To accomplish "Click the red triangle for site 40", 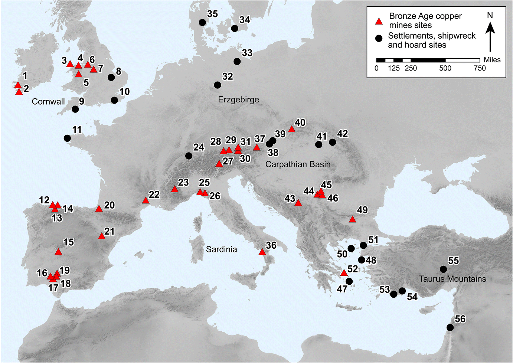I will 291,129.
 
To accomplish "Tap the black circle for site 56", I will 450,327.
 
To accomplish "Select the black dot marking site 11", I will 67,138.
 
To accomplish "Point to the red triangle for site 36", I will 262,252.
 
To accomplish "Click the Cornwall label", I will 48,102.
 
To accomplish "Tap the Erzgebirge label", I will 238,99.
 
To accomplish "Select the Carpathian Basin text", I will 298,164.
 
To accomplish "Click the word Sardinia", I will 221,249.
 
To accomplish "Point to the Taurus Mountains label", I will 452,279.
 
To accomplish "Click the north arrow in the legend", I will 490,36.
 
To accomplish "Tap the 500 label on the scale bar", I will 445,68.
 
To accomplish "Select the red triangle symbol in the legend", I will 379,21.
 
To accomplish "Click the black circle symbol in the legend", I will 379,38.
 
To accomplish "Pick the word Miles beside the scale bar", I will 492,60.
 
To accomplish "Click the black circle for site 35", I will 202,22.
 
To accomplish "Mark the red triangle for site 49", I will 352,219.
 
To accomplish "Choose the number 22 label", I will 154,194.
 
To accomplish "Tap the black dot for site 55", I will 443,269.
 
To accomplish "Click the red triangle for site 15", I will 58,252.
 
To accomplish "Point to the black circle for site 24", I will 189,156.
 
